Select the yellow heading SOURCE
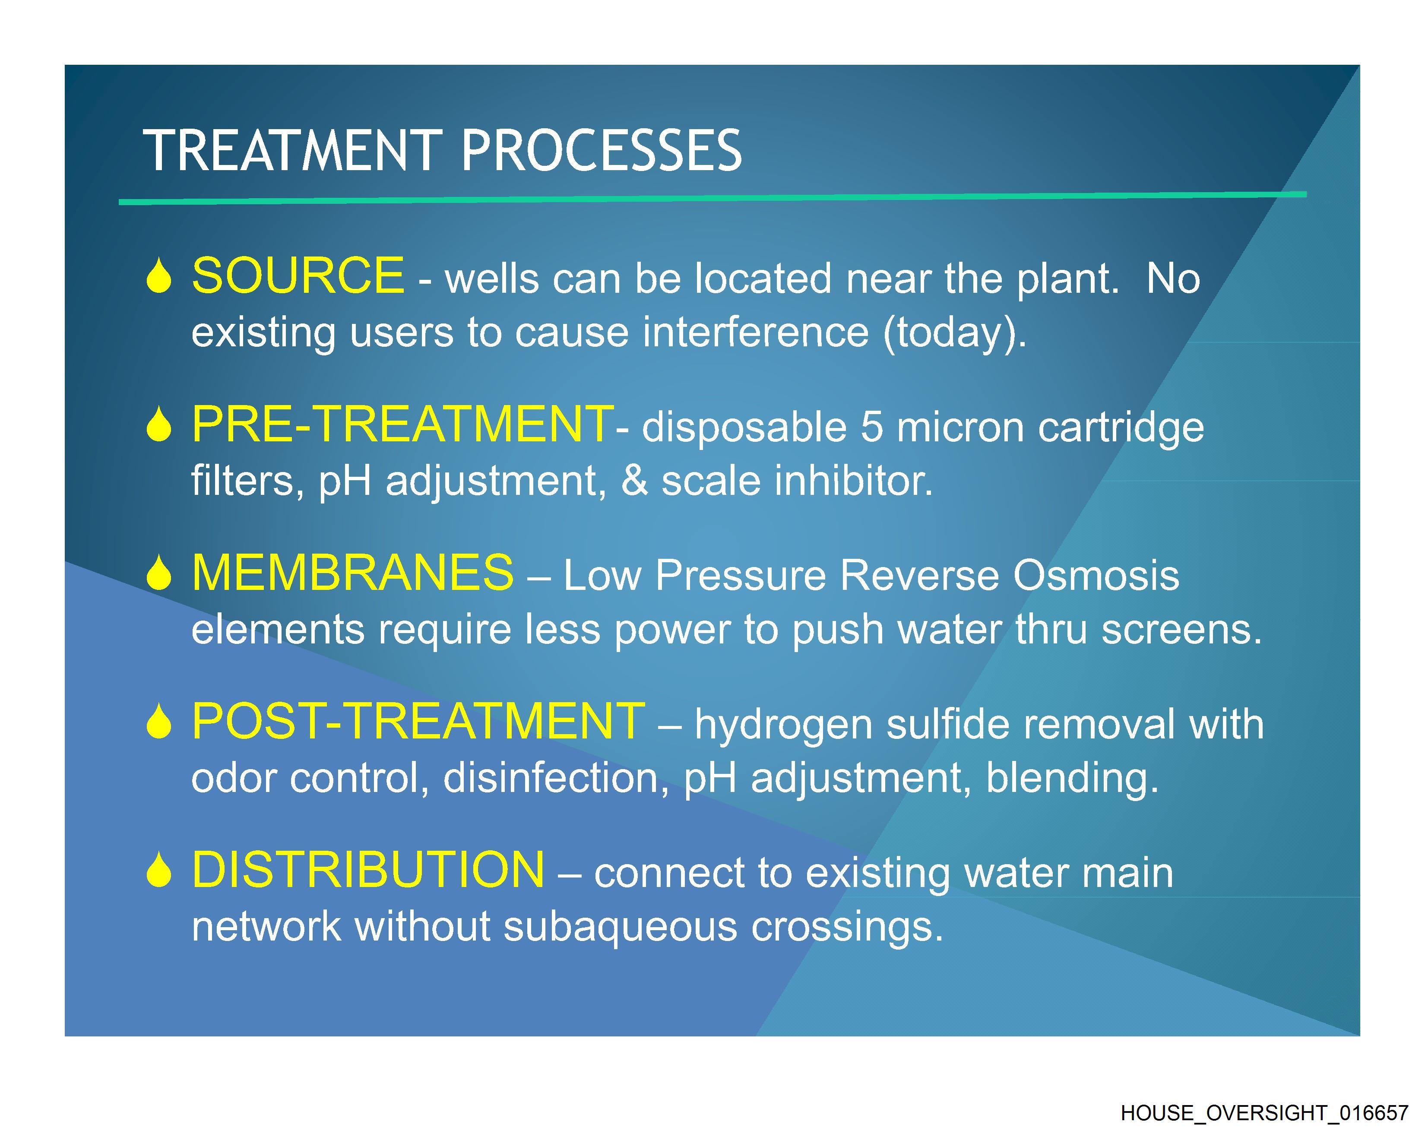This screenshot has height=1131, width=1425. [298, 275]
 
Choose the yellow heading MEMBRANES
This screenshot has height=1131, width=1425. [352, 573]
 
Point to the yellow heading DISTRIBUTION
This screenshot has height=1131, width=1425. [368, 869]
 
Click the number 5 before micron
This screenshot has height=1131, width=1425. [871, 427]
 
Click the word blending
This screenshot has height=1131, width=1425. [1072, 779]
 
